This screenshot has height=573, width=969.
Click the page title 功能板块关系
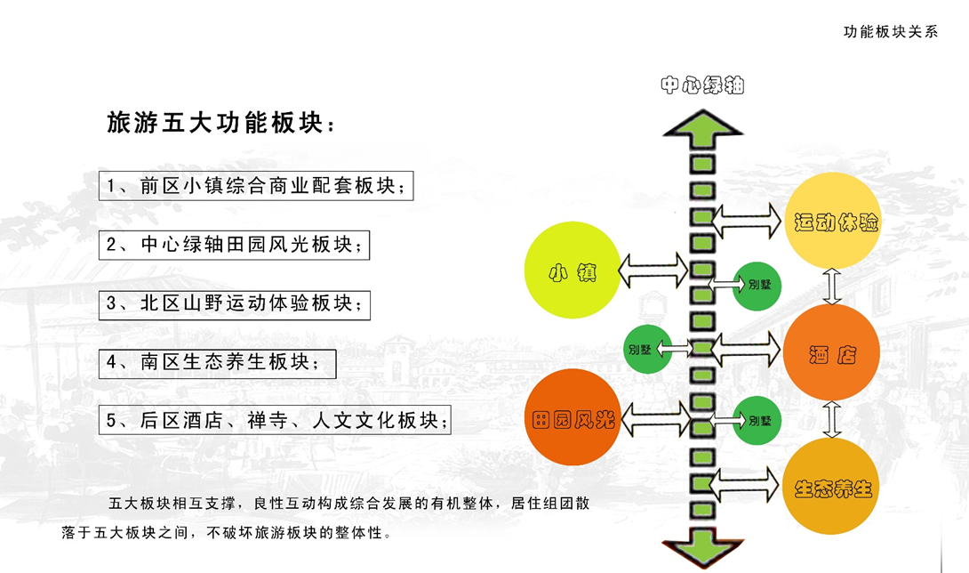(891, 32)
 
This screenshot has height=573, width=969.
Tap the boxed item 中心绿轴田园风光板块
(234, 244)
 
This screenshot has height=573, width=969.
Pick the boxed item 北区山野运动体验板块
(234, 303)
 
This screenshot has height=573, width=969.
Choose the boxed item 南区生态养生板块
(217, 362)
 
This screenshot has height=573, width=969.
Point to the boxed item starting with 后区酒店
(274, 420)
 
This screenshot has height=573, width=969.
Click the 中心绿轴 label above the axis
(702, 85)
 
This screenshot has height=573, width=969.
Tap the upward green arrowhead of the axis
(702, 129)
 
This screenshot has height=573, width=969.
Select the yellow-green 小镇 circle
(573, 270)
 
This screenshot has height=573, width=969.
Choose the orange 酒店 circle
(832, 353)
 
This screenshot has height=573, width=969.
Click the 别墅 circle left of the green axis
(641, 349)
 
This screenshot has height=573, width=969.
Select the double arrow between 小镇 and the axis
(653, 270)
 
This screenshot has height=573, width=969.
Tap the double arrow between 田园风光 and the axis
(655, 418)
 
